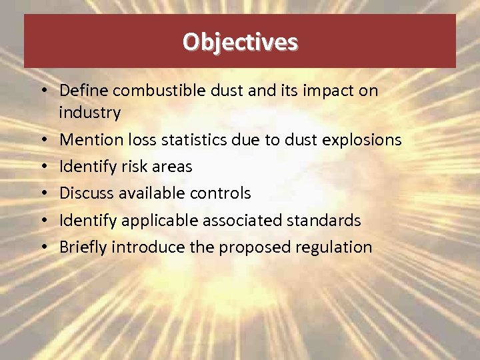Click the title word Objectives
point(240,42)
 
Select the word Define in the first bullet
point(85,90)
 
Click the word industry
point(89,113)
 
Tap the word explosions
point(361,140)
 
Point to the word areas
point(172,167)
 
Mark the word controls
point(219,193)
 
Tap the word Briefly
point(83,247)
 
